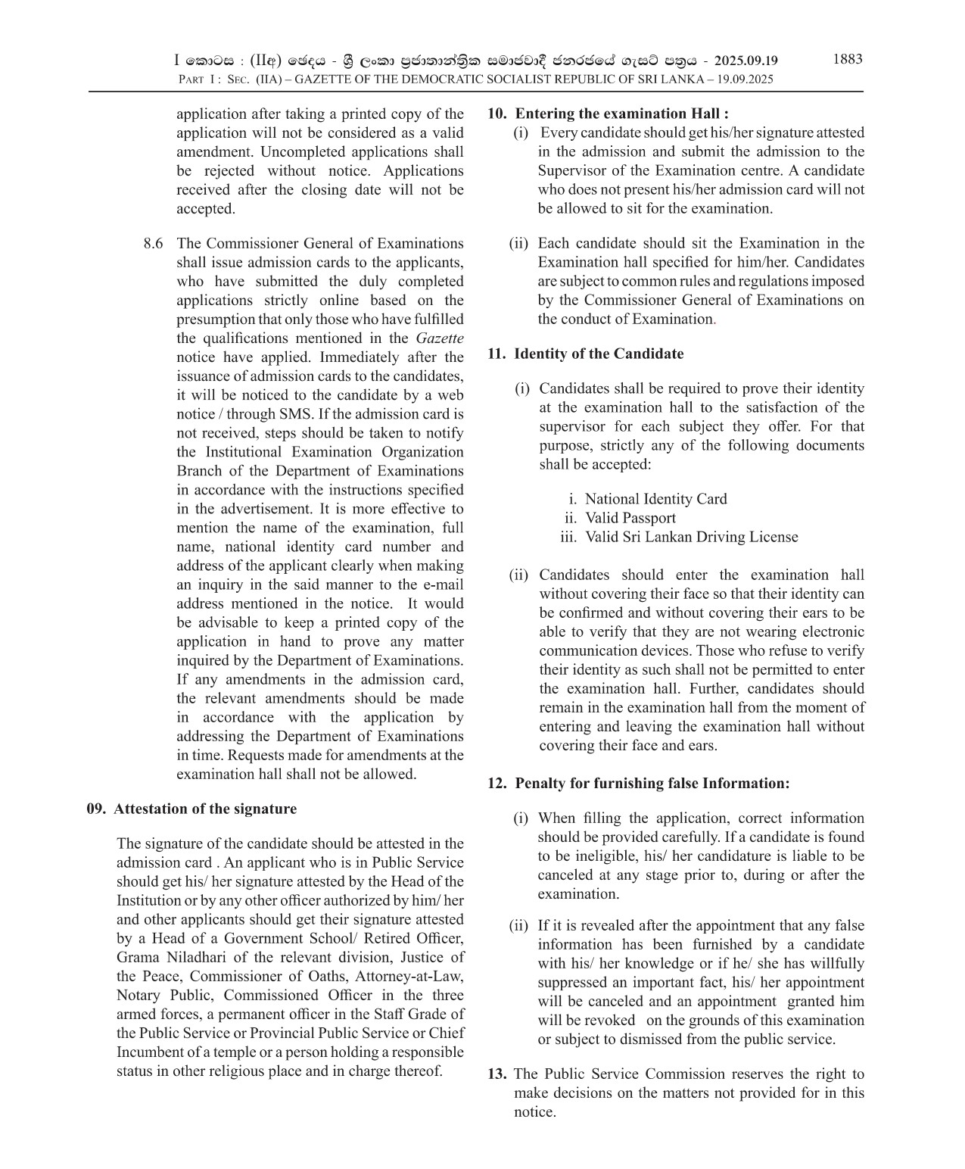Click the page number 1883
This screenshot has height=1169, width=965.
[847, 59]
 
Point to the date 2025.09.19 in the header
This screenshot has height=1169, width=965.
[746, 61]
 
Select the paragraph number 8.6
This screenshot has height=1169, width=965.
[153, 244]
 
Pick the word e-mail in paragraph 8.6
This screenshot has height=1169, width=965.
[443, 584]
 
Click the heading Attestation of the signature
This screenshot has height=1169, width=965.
[205, 809]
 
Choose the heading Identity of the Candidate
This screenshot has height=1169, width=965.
[599, 354]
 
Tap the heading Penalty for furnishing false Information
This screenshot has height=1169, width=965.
[652, 783]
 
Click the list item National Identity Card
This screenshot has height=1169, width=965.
[655, 499]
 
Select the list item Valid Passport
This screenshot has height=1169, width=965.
[630, 518]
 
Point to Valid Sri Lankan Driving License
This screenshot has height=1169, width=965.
[691, 537]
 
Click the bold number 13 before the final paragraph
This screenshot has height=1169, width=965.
[497, 1074]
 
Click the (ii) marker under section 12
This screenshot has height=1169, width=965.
[518, 925]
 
